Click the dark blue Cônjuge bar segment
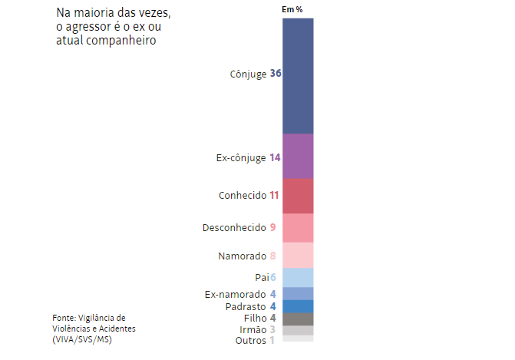point(298,75)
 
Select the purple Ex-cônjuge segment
point(298,156)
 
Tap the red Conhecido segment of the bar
point(298,195)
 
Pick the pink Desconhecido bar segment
point(298,227)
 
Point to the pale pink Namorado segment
point(298,255)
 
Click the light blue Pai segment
point(298,277)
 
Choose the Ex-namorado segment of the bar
point(298,293)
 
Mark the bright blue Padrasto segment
point(298,306)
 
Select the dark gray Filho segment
point(298,319)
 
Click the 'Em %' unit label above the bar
point(292,9)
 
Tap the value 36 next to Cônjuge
point(276,74)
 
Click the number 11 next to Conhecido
point(274,195)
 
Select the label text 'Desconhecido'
point(234,227)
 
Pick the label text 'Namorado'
point(242,256)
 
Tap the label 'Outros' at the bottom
point(250,340)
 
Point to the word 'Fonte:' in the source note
point(63,317)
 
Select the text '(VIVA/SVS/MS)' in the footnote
point(82,339)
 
